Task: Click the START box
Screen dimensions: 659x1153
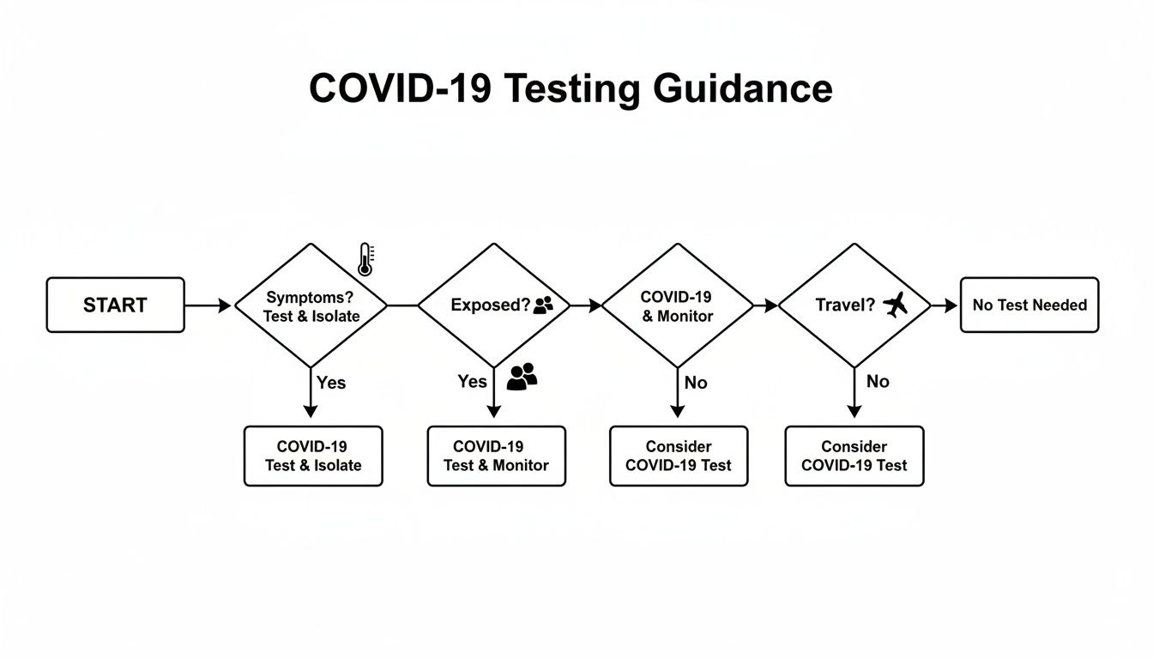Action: point(115,305)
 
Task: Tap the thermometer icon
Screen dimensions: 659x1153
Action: point(365,259)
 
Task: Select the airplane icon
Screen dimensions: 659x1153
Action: point(895,305)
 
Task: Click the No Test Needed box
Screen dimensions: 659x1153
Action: point(1029,305)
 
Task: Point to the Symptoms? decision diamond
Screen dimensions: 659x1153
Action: point(312,305)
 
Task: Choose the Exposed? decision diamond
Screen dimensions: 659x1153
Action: point(493,305)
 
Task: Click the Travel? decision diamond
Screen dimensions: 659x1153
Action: point(854,305)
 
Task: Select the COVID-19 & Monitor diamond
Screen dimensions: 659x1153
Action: point(677,305)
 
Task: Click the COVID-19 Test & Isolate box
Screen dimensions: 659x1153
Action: point(313,456)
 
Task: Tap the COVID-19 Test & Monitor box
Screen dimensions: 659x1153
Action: point(496,456)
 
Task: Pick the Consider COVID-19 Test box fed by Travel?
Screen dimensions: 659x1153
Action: point(854,456)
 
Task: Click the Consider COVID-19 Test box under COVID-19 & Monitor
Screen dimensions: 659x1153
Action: point(678,456)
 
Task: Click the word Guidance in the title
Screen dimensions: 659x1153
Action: point(742,88)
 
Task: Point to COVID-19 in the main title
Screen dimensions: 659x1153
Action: point(400,88)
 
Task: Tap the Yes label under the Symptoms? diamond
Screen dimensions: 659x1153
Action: point(330,383)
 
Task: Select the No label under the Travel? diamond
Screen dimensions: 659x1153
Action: point(877,381)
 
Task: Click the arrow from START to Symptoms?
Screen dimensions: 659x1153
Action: point(208,305)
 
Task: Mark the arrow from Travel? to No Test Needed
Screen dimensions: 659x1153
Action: point(944,305)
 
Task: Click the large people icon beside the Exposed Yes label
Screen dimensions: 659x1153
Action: point(522,377)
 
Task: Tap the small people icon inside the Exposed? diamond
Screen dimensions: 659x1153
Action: point(544,305)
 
